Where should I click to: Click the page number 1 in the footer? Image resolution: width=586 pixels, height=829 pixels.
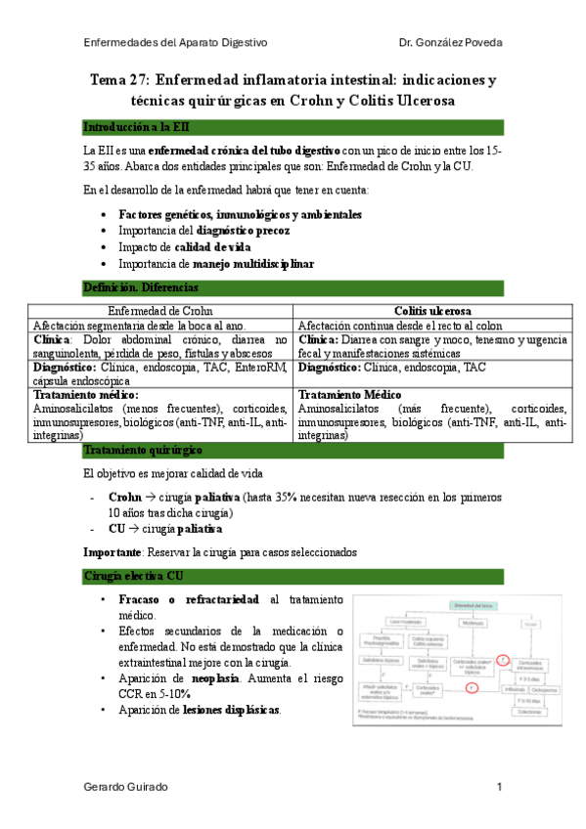(x=499, y=787)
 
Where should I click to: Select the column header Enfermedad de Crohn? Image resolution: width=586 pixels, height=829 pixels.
(x=161, y=311)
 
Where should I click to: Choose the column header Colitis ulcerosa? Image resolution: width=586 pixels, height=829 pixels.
(x=425, y=311)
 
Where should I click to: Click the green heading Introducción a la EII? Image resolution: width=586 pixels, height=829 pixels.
(x=132, y=127)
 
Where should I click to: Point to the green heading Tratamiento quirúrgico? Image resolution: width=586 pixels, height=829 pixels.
(x=143, y=450)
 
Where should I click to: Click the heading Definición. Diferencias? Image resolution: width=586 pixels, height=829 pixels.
(x=142, y=287)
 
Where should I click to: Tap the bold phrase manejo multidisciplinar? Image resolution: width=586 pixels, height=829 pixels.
(x=253, y=263)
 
